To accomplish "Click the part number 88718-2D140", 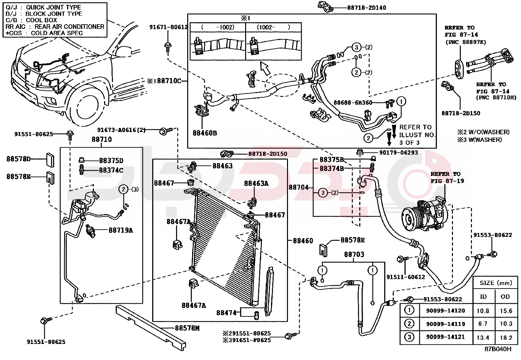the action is coord(367,8).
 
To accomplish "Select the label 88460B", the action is coord(205,133).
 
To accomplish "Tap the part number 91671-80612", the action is coord(169,27).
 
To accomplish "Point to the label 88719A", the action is coord(121,230).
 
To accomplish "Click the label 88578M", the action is coord(187,328).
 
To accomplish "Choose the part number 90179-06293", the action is coord(398,153).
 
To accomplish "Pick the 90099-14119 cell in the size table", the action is coord(445,324).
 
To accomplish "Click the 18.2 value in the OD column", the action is coord(506,337).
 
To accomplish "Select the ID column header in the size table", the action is coord(483,297).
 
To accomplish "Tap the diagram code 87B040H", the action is coord(498,349).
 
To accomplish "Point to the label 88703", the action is coord(354,254).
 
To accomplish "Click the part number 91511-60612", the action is coord(405,277).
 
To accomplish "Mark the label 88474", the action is coord(226,313).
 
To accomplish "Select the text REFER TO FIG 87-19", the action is coord(447,178).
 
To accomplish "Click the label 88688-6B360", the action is coord(353,103).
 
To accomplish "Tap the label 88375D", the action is coord(111,161).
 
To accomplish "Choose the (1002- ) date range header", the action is coord(273,27).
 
